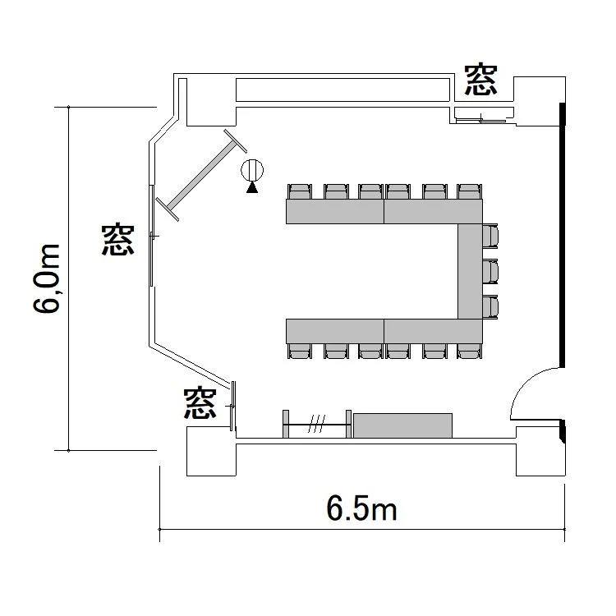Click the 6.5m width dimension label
(x=361, y=509)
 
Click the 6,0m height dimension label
(x=47, y=278)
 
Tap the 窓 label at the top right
(x=480, y=80)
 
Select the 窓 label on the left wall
(x=117, y=240)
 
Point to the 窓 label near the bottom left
(x=200, y=403)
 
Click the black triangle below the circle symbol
(x=252, y=188)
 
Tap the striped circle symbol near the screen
(x=252, y=171)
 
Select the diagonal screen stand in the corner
(x=201, y=175)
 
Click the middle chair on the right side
(x=490, y=271)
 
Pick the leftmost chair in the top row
(x=300, y=191)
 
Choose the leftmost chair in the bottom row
(x=300, y=351)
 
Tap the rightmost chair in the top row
(x=470, y=191)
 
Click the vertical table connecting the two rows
(x=471, y=272)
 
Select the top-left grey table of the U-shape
(x=335, y=211)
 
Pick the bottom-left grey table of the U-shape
(x=335, y=331)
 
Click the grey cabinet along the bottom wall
(x=402, y=425)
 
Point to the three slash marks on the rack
(x=317, y=424)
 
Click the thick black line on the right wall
(x=563, y=235)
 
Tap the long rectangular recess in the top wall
(x=342, y=90)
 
